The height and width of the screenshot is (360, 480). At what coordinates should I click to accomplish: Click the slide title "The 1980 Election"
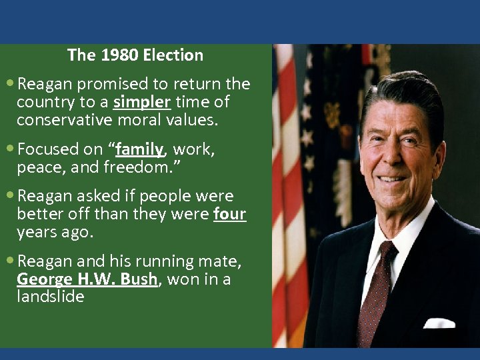tap(135, 55)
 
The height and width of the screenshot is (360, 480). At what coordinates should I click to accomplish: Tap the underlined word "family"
tap(139, 149)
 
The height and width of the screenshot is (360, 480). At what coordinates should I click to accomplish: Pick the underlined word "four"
tap(230, 215)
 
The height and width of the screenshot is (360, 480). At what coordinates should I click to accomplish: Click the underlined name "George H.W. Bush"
tap(87, 280)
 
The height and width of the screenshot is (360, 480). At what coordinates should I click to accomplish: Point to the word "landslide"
tap(51, 297)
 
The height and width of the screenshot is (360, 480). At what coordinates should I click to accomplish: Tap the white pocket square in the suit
tap(439, 323)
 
